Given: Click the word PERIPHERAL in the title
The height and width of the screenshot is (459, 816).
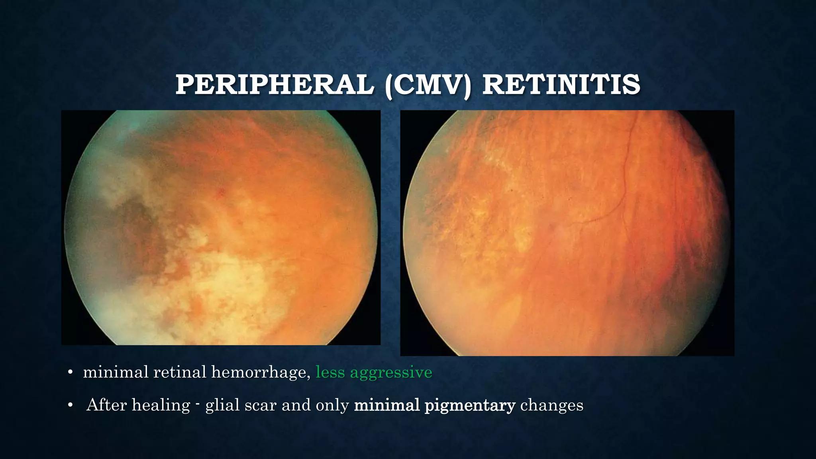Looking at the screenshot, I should [275, 85].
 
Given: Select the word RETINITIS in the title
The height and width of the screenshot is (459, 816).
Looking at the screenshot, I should [561, 85].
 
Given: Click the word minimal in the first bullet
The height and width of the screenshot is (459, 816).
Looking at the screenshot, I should [116, 372].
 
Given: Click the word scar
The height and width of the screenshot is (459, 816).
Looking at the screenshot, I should [260, 405].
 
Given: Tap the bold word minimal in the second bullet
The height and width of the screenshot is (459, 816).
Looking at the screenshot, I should [386, 405].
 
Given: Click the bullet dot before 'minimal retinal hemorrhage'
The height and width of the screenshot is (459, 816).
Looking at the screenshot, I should [70, 373].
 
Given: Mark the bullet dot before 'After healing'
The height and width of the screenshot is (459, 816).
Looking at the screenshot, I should [70, 406].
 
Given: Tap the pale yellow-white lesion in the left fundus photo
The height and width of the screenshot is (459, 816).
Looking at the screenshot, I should [223, 275].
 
